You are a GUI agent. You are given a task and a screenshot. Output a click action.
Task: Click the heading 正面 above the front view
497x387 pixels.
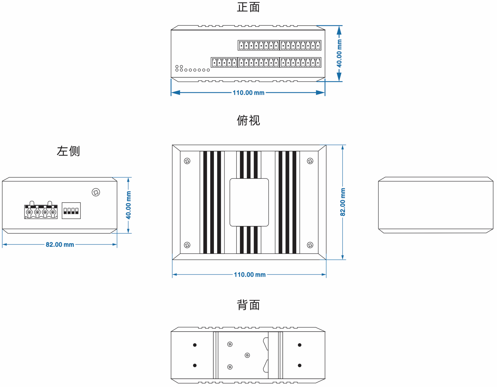(248, 7)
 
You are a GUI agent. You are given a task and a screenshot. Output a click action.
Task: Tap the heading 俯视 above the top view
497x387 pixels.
(248, 121)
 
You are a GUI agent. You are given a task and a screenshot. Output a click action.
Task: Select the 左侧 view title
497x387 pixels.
(68, 151)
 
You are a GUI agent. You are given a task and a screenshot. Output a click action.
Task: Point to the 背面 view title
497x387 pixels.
(248, 305)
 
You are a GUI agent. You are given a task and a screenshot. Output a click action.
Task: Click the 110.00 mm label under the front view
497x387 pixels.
(248, 93)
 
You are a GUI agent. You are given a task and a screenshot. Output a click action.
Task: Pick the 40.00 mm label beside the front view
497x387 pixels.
(339, 53)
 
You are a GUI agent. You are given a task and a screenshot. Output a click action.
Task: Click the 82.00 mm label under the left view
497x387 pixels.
(60, 245)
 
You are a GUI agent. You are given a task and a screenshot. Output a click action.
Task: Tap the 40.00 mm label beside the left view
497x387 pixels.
(129, 205)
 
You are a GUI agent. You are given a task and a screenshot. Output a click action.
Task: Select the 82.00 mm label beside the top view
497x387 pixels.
(343, 202)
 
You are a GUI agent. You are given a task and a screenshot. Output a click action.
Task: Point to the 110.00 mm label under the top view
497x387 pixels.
(250, 275)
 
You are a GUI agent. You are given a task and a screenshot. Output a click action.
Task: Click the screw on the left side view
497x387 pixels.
(96, 192)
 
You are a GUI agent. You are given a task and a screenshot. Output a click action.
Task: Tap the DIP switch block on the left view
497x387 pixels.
(71, 211)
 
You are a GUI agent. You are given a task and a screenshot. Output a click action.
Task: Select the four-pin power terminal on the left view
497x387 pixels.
(41, 211)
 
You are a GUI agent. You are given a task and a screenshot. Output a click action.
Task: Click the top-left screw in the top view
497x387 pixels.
(187, 161)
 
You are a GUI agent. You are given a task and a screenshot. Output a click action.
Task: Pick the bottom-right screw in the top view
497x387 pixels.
(310, 245)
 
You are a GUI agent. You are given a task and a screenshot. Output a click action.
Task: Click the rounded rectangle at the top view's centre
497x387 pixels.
(249, 202)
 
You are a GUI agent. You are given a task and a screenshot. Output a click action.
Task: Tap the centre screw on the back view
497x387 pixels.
(247, 355)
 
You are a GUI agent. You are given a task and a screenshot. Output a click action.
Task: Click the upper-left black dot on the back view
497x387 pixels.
(195, 345)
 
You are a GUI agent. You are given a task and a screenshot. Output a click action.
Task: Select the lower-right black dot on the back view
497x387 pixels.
(300, 365)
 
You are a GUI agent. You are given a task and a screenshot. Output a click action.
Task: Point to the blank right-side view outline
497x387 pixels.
(435, 205)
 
